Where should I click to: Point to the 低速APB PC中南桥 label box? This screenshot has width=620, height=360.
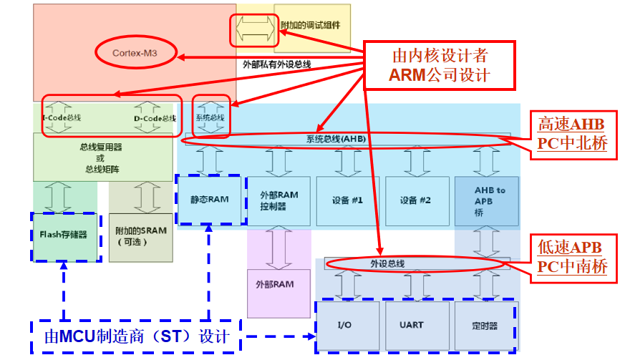pos(572,257)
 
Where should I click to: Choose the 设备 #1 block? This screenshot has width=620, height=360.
pos(348,200)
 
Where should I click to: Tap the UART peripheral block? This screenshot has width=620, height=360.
pos(417,325)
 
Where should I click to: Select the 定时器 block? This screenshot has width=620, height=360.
pos(485,325)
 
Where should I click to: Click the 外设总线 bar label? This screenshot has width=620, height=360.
pos(387,263)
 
